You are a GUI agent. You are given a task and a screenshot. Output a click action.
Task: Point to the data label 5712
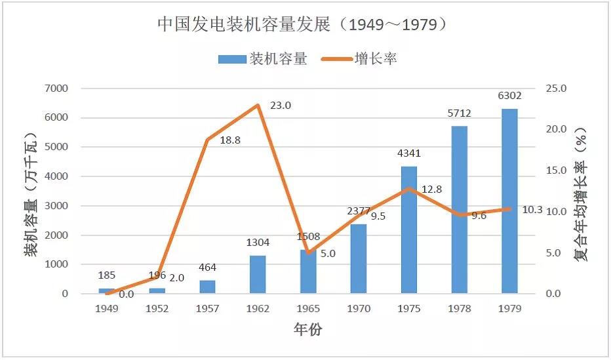click(x=460, y=113)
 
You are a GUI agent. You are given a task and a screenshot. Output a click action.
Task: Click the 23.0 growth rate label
click(x=280, y=105)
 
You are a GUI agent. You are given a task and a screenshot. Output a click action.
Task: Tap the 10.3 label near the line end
click(x=532, y=210)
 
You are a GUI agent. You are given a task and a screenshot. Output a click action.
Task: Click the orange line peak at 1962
click(x=258, y=105)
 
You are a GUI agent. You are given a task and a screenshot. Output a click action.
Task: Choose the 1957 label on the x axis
click(x=207, y=309)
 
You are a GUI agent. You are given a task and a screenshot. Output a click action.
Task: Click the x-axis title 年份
click(x=307, y=330)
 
